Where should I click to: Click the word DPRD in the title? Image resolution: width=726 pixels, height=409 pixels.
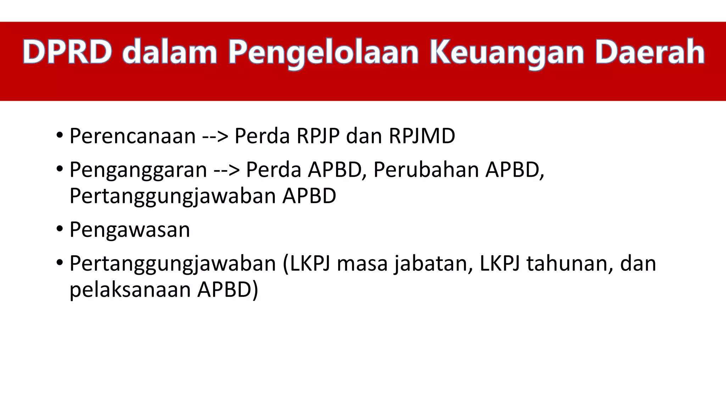point(67,52)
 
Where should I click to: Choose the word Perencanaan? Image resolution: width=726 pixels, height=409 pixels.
point(133,136)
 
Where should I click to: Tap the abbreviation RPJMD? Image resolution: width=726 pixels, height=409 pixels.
point(422,136)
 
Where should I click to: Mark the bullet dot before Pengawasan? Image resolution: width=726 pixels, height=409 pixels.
point(60,229)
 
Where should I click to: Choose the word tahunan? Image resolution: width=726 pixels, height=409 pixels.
point(570,263)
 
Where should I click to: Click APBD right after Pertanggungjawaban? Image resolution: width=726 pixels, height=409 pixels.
point(309,196)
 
